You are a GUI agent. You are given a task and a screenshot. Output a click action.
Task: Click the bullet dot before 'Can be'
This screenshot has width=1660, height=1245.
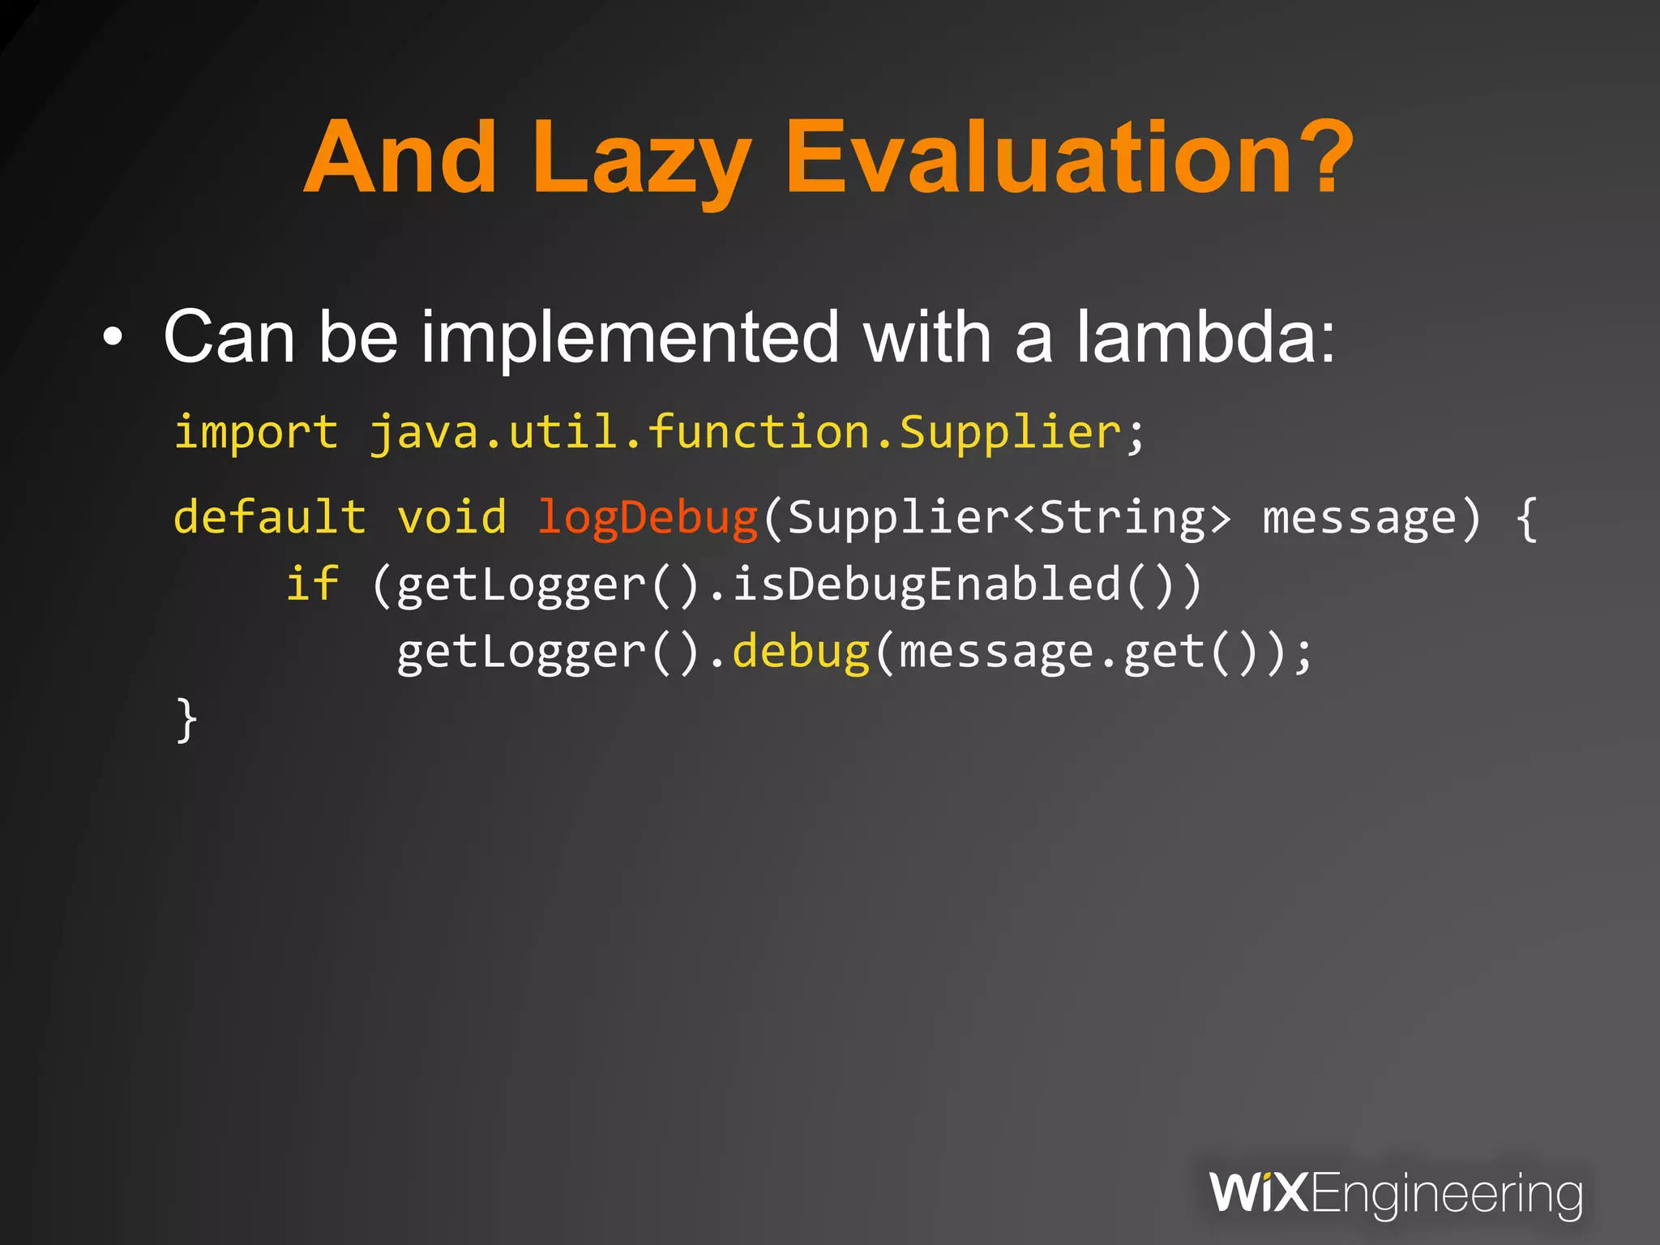[x=113, y=338]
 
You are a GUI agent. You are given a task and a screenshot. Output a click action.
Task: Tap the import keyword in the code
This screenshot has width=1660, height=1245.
[x=256, y=432]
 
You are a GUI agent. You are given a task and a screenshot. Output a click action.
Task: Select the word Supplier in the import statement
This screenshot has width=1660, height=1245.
[x=1010, y=432]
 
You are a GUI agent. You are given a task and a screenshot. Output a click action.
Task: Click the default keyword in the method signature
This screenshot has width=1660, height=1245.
[x=270, y=517]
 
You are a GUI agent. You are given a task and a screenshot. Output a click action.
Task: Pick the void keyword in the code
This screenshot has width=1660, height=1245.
[x=451, y=517]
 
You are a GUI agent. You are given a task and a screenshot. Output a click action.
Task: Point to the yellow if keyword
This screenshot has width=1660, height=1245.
[x=312, y=584]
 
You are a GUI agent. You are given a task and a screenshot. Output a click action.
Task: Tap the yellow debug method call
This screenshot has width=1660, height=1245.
[x=801, y=652]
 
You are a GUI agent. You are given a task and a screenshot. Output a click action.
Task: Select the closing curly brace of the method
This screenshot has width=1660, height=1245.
[x=186, y=719]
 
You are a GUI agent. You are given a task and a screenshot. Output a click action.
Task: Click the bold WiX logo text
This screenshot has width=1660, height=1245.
[x=1259, y=1192]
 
